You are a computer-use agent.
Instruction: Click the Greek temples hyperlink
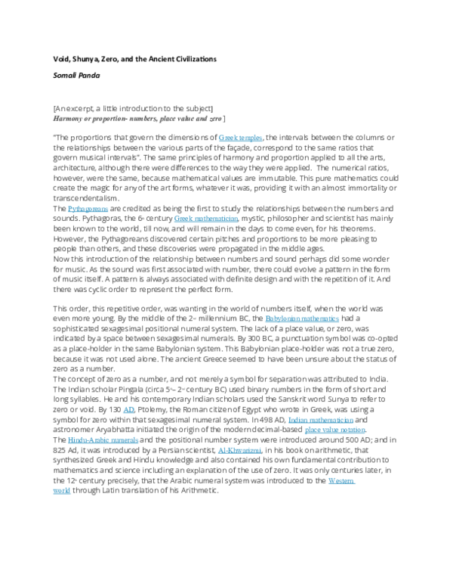tap(241, 137)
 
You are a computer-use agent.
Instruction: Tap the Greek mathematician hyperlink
tap(206, 217)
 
